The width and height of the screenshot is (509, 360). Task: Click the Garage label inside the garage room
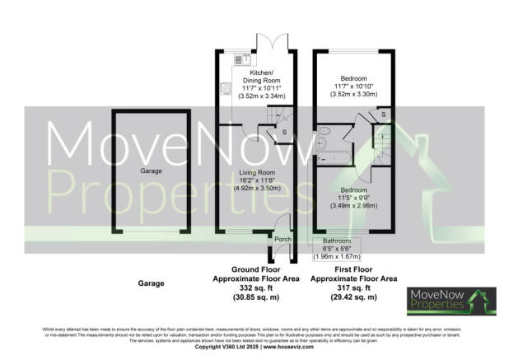(x=150, y=171)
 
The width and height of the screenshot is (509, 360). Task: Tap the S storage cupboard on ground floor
(x=285, y=132)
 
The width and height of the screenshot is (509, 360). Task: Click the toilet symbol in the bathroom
(x=326, y=132)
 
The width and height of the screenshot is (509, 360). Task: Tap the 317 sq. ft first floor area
(x=350, y=288)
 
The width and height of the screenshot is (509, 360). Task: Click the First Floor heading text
(x=350, y=270)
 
